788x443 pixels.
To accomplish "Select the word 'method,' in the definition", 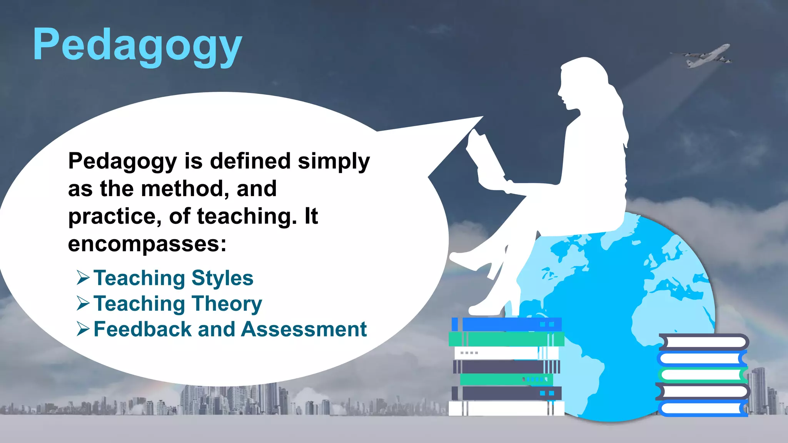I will tap(183, 188).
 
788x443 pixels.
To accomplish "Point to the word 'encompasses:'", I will tap(147, 244).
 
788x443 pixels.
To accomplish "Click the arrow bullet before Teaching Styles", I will tap(83, 278).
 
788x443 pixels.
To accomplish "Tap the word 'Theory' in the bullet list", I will tap(227, 304).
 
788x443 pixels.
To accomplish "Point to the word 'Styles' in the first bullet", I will tap(222, 278).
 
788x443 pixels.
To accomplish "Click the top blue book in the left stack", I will tap(507, 324).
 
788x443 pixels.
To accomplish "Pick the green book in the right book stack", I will tap(702, 374).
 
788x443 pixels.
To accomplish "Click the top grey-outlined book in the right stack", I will tap(704, 341).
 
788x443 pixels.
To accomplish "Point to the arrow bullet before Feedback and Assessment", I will tap(83, 329).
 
